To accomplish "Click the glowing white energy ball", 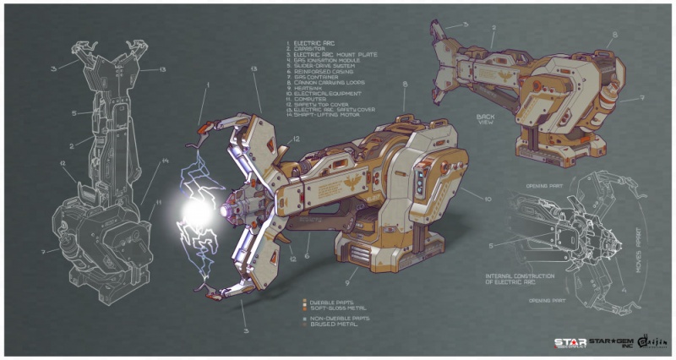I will click(x=196, y=211).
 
